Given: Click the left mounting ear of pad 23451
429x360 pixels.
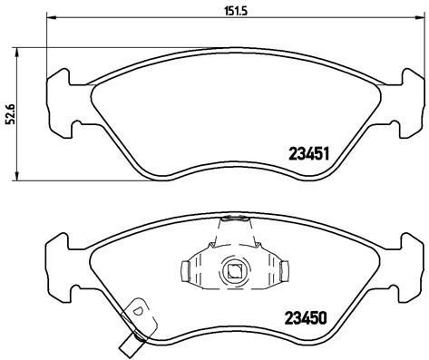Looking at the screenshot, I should point(60,99).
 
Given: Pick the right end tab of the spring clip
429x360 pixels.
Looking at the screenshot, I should point(284,270).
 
